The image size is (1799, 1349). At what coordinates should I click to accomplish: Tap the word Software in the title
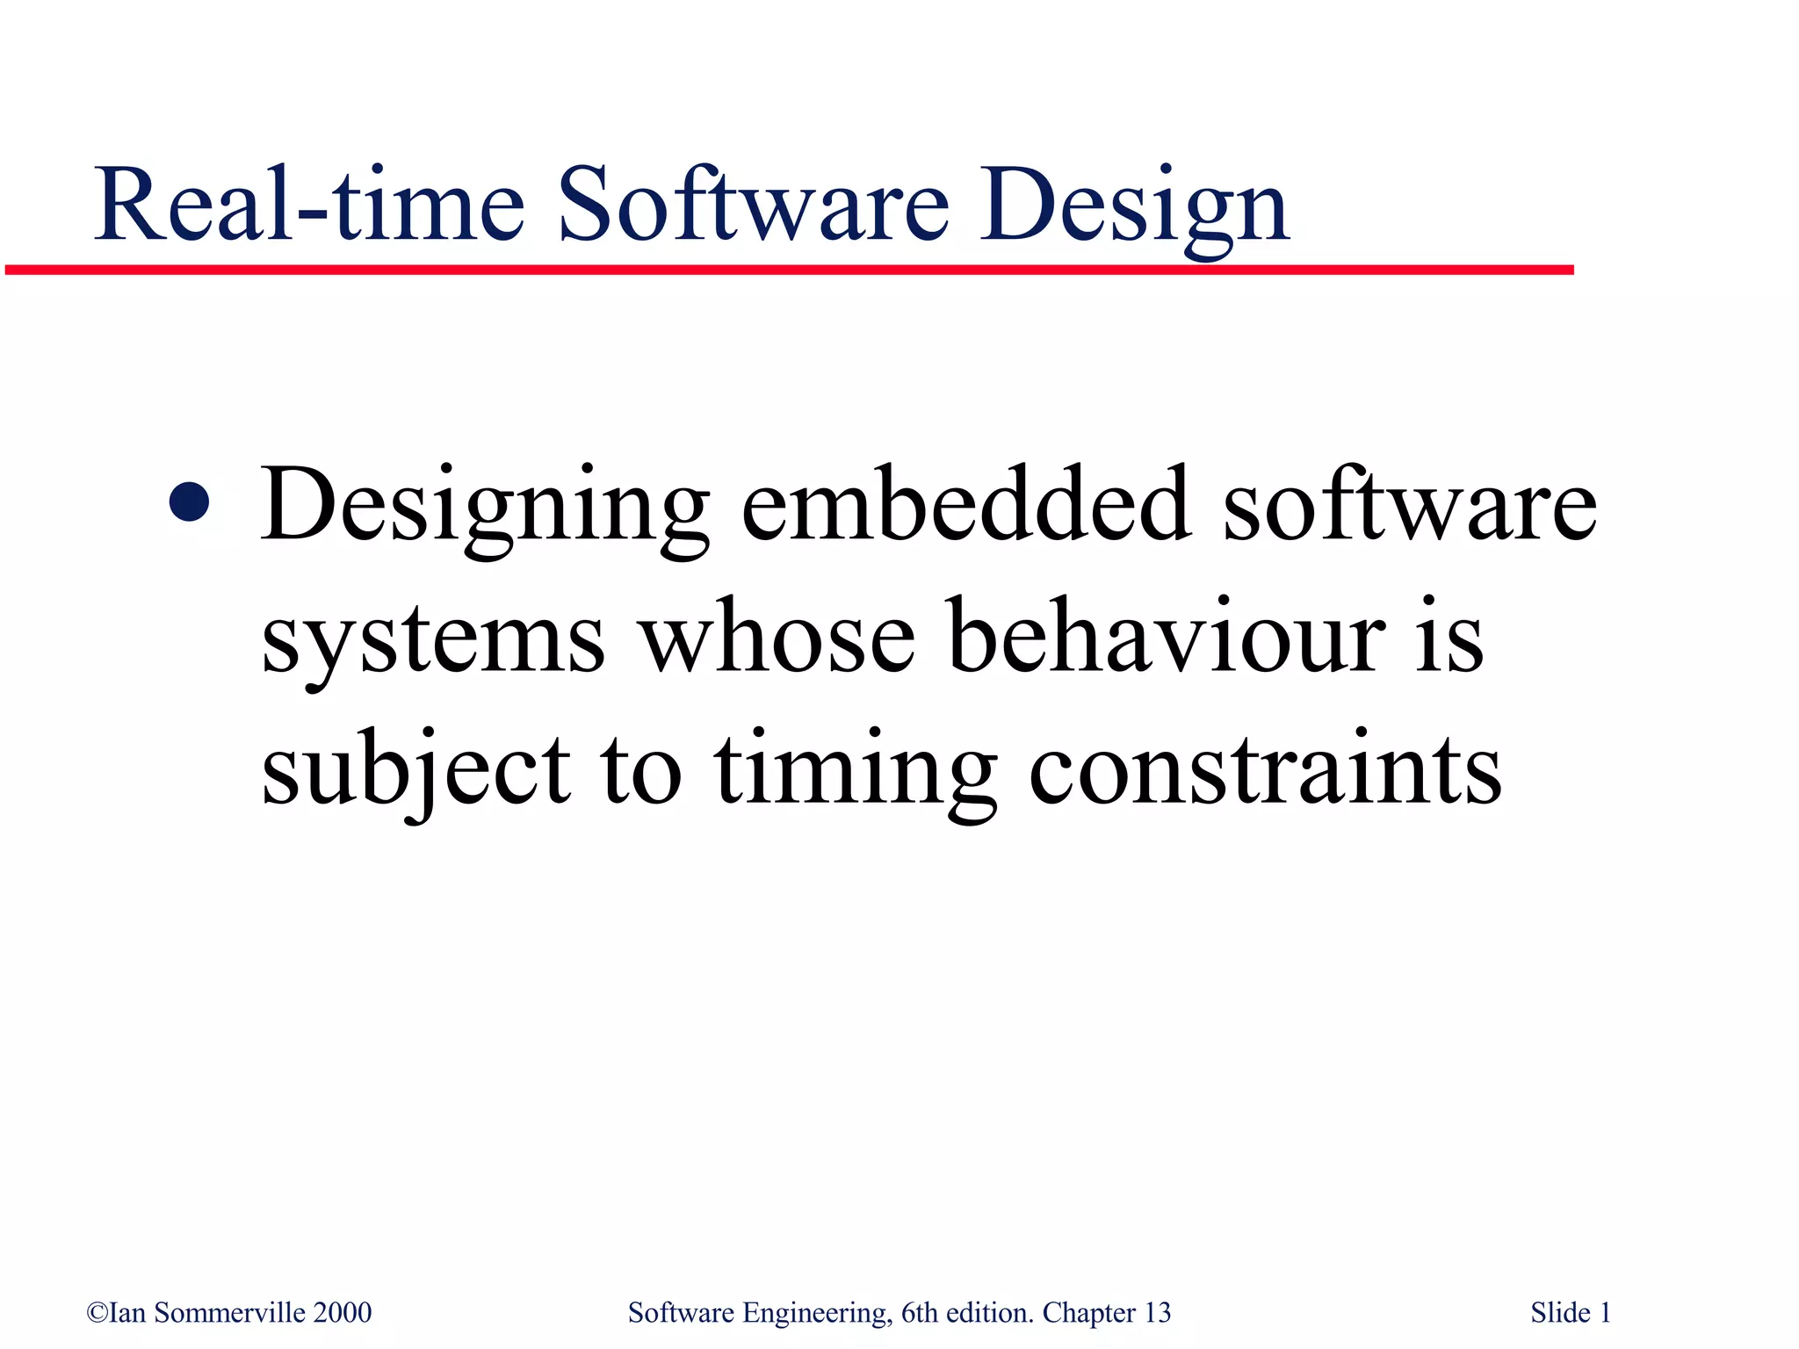coord(754,206)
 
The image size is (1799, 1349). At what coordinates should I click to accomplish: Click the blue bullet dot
coord(191,502)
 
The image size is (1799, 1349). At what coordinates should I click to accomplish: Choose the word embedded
coord(966,504)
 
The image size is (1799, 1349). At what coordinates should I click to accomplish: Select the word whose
coord(777,638)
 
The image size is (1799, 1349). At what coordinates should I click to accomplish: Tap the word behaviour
coord(1168,636)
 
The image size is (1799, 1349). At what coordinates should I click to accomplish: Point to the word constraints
coord(1265,769)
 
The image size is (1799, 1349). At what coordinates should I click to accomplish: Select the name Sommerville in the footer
coord(230,1313)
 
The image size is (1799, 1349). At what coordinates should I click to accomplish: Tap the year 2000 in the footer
coord(343,1313)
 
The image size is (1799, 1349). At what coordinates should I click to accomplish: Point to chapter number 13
coord(1158,1313)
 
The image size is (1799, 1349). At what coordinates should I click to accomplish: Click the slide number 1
coord(1605,1313)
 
